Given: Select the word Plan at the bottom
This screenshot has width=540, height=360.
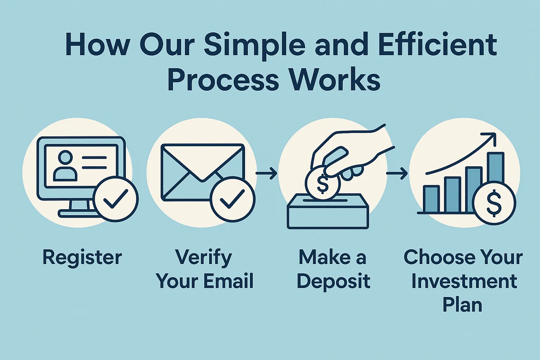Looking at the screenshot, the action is click(x=462, y=305).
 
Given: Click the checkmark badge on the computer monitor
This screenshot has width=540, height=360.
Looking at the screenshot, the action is click(x=116, y=199).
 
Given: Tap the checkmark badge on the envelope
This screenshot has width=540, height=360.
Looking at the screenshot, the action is click(x=233, y=199).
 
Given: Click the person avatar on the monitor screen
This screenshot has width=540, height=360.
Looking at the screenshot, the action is click(x=65, y=166).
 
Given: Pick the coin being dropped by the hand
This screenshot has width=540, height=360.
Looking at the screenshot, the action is click(x=322, y=182).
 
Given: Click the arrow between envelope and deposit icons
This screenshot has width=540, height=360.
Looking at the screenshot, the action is click(x=266, y=173).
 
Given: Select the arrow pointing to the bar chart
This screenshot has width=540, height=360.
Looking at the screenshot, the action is click(x=397, y=173).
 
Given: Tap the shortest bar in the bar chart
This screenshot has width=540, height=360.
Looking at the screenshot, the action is click(x=431, y=199).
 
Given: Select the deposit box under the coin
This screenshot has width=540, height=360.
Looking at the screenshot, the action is click(x=328, y=211).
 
